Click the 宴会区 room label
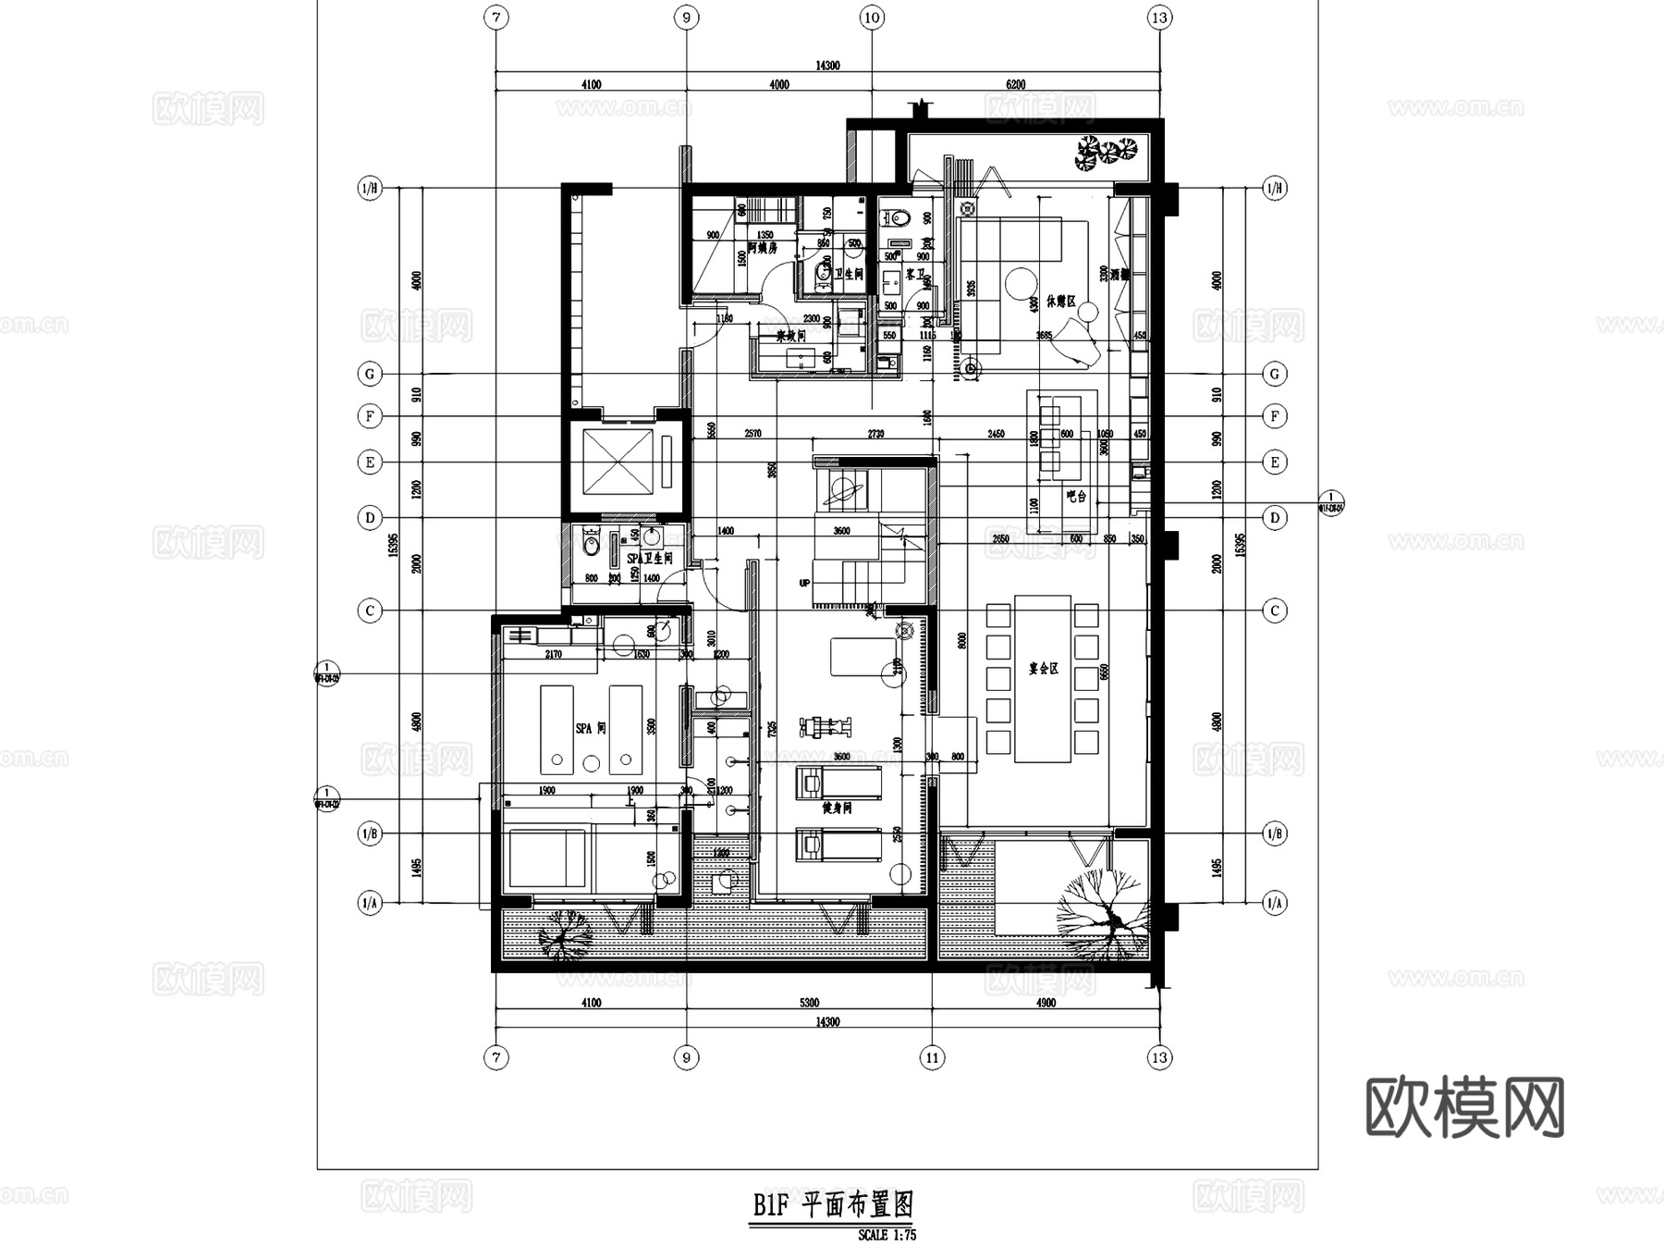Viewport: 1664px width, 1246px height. [x=1043, y=668]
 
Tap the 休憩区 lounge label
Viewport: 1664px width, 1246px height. [x=1060, y=302]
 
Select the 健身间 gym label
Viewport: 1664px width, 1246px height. [x=837, y=808]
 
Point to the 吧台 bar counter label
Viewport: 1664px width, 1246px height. [x=1075, y=497]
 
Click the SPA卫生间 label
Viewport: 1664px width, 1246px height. [x=649, y=559]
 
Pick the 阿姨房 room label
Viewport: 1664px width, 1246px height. [x=762, y=248]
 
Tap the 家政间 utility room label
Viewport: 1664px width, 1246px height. [x=790, y=336]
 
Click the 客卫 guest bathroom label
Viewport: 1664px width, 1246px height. [x=915, y=275]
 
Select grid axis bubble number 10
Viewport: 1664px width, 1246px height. [x=872, y=18]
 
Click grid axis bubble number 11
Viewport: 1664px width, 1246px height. [x=932, y=1057]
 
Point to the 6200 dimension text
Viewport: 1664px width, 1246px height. [x=1015, y=84]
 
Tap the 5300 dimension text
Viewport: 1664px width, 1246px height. [x=808, y=1003]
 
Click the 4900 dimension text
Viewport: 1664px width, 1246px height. [x=1046, y=1003]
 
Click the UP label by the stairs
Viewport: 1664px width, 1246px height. [x=804, y=584]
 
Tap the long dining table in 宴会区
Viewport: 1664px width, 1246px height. [x=1043, y=678]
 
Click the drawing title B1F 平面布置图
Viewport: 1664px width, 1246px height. [x=832, y=1205]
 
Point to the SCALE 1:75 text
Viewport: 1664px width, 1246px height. [x=886, y=1235]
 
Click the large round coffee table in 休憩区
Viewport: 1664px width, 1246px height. [x=1022, y=280]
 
